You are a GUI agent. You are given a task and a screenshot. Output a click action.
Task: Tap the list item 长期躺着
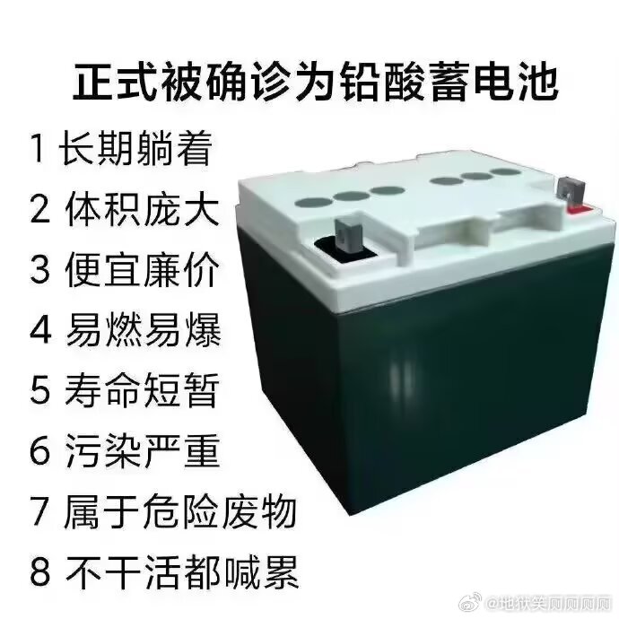(x=135, y=149)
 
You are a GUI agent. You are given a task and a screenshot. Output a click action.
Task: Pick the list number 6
(x=39, y=450)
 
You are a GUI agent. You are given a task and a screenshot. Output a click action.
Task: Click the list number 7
(x=39, y=510)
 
